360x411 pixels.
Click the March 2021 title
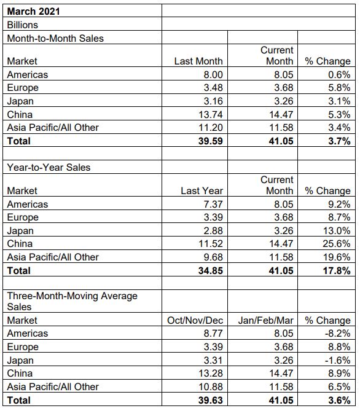pos(33,11)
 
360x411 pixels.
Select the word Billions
pos(23,25)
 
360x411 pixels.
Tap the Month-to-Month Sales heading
pos(55,38)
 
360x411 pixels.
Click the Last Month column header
pos(198,61)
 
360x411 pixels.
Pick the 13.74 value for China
pos(211,114)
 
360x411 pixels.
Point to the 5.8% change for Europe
pos(339,88)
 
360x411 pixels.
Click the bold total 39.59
pos(211,141)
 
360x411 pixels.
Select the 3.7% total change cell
pos(339,141)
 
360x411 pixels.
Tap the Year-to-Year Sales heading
pos(49,168)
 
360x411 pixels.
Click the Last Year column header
pos(202,191)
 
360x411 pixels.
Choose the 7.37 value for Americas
pos(213,204)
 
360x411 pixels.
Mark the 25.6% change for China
pos(337,243)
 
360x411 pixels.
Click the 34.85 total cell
pos(211,270)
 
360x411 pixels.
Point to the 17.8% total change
pos(337,270)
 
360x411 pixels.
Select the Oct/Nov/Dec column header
pos(195,320)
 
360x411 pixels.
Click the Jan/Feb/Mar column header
pos(265,320)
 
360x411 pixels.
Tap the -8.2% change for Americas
pos(337,334)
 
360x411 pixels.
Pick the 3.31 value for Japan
pos(213,360)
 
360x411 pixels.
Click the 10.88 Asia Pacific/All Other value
pos(211,386)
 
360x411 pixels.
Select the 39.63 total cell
pos(211,401)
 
